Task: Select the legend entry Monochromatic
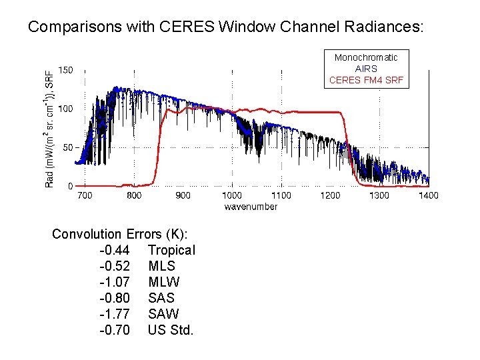(366, 58)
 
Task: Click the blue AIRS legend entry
(366, 69)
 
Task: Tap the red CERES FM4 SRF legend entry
(366, 80)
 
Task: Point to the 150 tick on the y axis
(65, 69)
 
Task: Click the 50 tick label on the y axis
(68, 147)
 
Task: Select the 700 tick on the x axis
(85, 195)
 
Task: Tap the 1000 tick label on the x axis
(232, 195)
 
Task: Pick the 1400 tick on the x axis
(429, 195)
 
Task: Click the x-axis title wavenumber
(251, 207)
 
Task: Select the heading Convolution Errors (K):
(120, 234)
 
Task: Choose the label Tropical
(171, 250)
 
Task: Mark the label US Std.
(171, 330)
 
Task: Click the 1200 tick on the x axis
(330, 195)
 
